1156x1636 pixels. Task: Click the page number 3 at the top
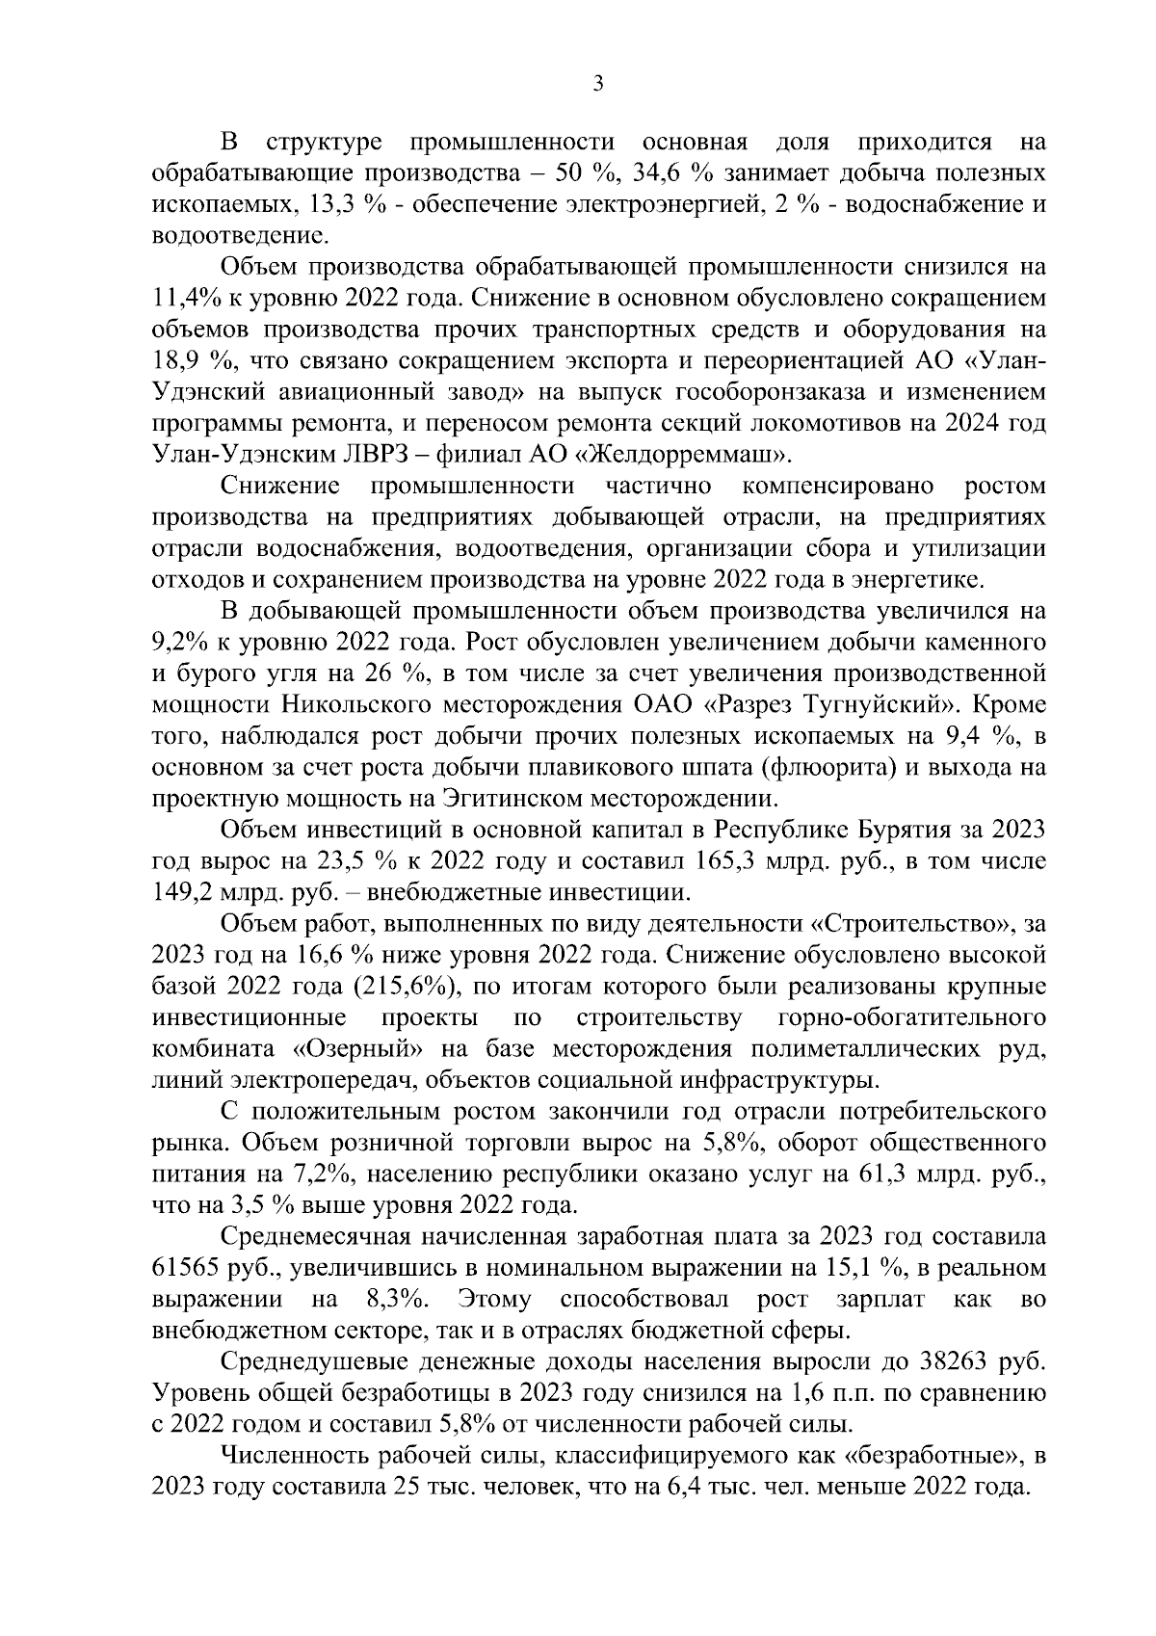pyautogui.click(x=597, y=85)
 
